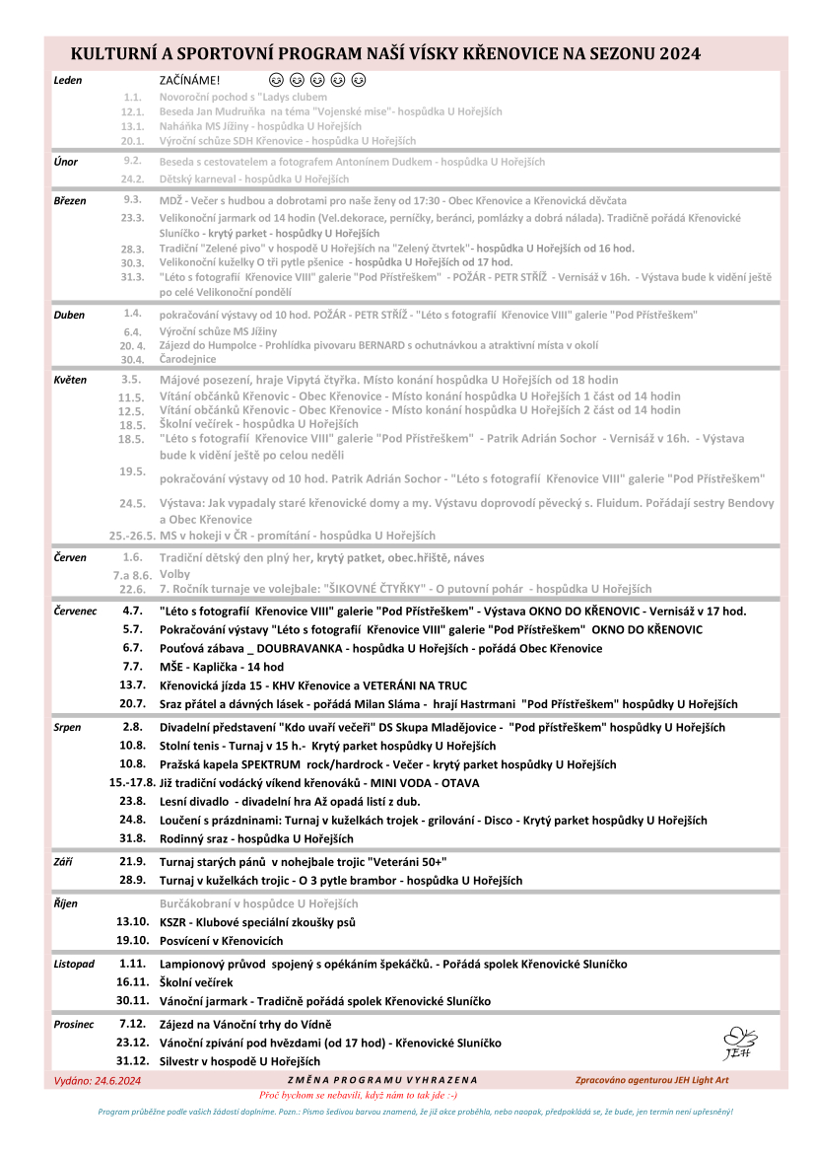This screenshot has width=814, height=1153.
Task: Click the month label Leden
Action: pos(68,80)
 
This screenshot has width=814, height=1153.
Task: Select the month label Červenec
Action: pos(76,612)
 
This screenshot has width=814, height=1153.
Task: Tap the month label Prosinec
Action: pos(74,1025)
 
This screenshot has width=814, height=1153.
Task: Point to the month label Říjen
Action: pos(66,903)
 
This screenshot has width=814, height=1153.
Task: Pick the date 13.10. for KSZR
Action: pos(132,922)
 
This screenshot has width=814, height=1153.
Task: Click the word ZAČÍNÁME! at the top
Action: pos(190,80)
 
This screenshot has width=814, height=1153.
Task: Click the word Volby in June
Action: pos(174,573)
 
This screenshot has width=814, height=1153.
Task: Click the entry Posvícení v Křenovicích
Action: pos(222,941)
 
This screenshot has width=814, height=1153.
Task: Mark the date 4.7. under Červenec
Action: pos(133,612)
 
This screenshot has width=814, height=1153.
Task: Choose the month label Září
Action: pos(64,862)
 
